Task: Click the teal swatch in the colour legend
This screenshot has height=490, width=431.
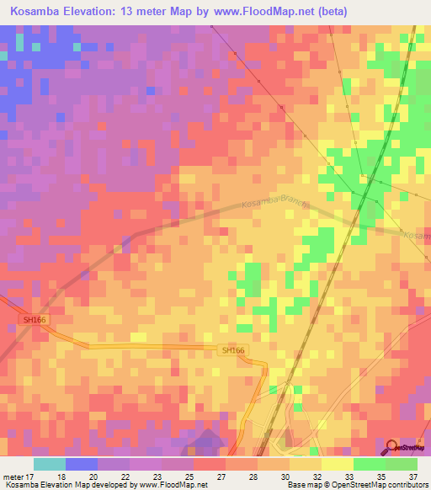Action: (50, 464)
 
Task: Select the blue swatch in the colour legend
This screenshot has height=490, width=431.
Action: (82, 464)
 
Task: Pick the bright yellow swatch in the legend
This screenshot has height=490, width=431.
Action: (338, 464)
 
